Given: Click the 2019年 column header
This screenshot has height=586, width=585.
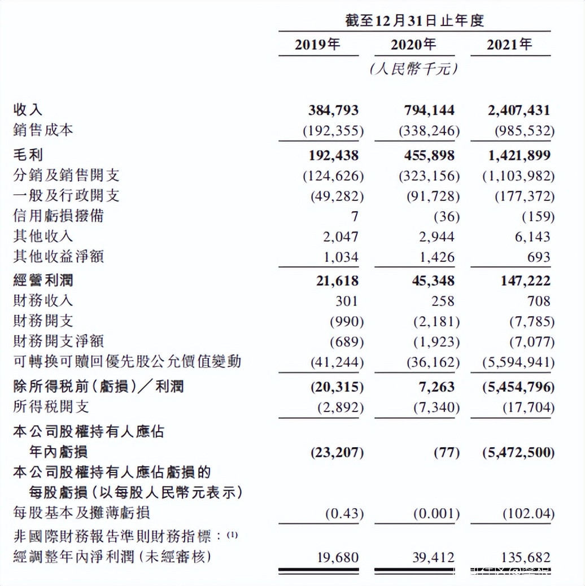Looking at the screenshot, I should [317, 45].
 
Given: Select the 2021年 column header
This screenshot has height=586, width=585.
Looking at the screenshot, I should [509, 45].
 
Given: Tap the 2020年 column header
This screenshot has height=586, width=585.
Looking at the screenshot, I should [413, 45].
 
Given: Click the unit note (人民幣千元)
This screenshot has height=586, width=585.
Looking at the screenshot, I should [413, 69].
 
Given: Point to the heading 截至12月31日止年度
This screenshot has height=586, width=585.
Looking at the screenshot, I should [414, 21].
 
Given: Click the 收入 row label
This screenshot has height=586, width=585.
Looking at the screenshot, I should [28, 110].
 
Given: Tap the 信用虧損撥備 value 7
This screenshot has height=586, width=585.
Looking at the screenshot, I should [354, 216].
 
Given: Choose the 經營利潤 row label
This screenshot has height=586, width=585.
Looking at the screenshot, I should [43, 281].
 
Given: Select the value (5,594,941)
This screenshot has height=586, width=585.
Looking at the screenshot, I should [518, 362].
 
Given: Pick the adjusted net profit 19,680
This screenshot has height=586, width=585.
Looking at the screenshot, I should [338, 558].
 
